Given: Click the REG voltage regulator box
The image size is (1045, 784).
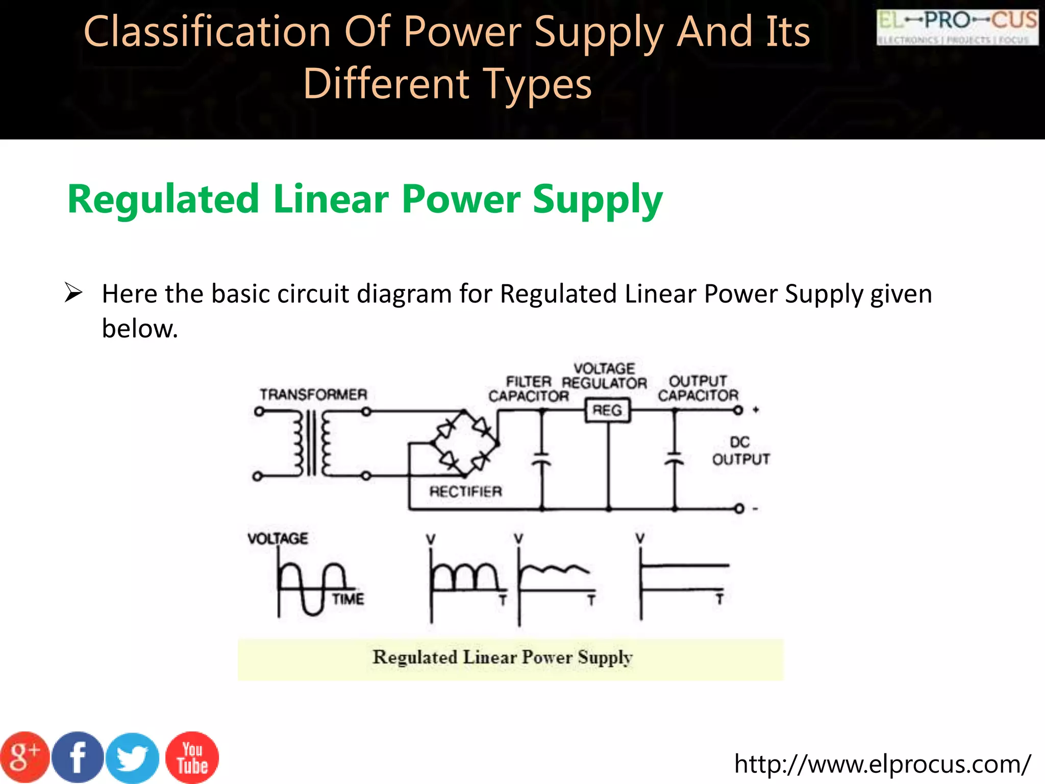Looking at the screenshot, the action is [607, 410].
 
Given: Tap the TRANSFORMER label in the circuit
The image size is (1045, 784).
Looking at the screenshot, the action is [313, 395].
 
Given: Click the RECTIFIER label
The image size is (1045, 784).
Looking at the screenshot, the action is [465, 492].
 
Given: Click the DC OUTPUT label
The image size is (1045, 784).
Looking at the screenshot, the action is [740, 451].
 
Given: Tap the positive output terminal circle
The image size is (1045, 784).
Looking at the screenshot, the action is [738, 410].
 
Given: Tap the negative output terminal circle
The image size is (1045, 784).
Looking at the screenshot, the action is [739, 508].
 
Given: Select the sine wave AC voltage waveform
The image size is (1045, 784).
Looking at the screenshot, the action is [311, 587].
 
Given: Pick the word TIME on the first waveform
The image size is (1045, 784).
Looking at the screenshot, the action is [348, 599].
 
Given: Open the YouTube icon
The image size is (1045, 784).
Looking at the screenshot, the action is [192, 758].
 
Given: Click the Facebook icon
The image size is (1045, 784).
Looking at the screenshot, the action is [78, 758].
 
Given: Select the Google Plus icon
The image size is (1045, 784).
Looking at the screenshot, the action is [24, 758].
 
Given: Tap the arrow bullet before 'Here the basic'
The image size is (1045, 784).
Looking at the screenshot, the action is [73, 293].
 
